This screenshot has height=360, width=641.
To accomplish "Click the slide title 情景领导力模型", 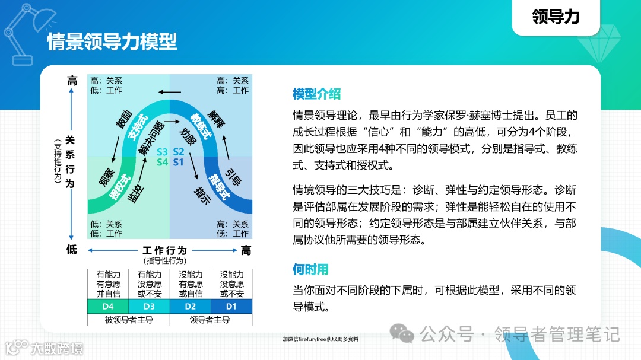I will pos(112,43).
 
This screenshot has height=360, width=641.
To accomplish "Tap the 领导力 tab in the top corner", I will pos(556,17).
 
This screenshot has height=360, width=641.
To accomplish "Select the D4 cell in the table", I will pos(108,306).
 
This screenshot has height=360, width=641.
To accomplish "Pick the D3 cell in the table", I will pos(149,306).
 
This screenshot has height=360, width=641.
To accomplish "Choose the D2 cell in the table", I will pos(191,306).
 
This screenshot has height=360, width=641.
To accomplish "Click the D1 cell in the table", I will pos(231,306).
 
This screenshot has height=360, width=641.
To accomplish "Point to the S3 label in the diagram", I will pos(163,151).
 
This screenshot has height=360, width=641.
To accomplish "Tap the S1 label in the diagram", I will pos(179,161).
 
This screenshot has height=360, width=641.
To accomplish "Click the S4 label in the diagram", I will pos(163,161).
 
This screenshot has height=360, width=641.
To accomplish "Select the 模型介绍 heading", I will pos(316,94).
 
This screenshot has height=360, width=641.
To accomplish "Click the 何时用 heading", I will pos(310,270).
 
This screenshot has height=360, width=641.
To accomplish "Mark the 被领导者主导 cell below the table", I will pos(128,320).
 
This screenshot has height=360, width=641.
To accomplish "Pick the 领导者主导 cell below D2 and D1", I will pos(211,320).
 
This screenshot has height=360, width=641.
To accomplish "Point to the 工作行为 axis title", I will pos(164,250).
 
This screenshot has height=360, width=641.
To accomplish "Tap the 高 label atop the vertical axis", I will pos(72,81).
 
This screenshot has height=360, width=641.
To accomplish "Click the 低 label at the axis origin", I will pos(72,250).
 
